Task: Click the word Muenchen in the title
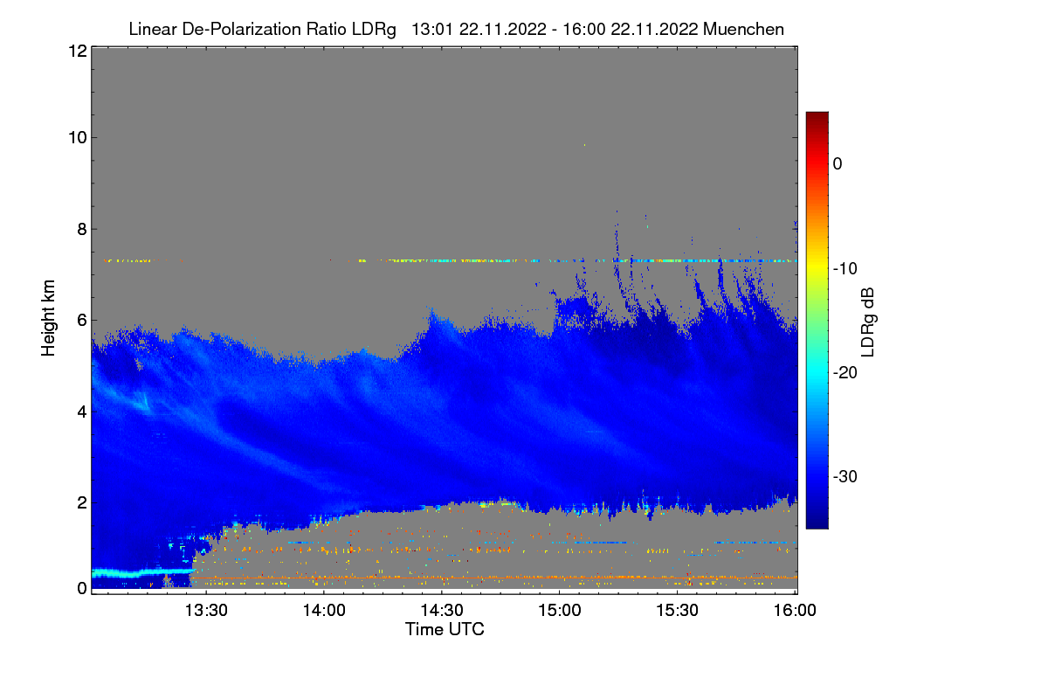(743, 29)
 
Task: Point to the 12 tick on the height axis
(76, 51)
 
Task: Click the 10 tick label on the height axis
(76, 137)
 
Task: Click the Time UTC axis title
(445, 629)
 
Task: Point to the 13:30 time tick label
(206, 611)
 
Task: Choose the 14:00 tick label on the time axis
(324, 611)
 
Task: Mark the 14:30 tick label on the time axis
(442, 611)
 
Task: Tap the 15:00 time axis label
(560, 611)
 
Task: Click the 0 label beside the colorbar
(838, 163)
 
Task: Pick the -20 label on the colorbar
(844, 372)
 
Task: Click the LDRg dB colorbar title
(867, 321)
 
